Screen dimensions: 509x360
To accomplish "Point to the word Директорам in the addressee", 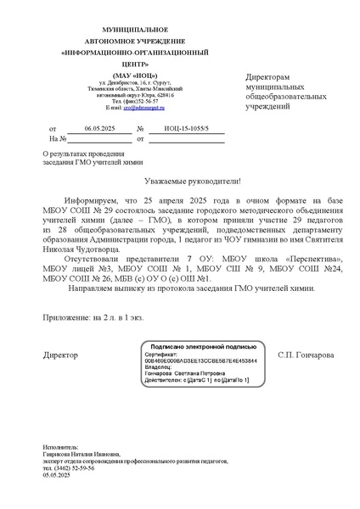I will (x=273, y=77).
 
